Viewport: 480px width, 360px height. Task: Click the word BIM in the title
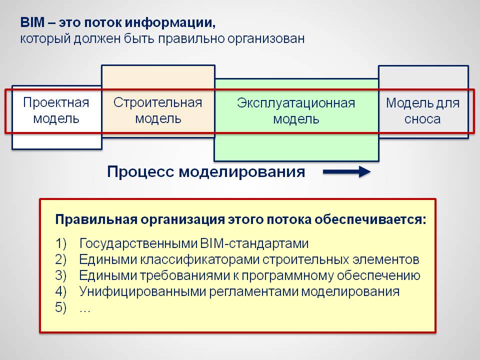(32, 22)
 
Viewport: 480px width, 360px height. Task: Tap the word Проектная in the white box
(56, 102)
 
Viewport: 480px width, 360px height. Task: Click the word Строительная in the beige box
(157, 102)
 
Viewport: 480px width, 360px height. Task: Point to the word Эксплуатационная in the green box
(296, 103)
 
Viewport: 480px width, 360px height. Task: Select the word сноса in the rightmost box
(422, 119)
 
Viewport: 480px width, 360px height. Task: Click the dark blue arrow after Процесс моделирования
(346, 171)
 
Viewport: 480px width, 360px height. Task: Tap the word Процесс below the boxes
(141, 172)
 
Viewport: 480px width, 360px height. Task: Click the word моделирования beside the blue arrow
(242, 172)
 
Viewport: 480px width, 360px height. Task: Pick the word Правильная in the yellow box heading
(96, 220)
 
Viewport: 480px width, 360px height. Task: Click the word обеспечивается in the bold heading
(370, 220)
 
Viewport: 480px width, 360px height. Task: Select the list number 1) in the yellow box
(61, 243)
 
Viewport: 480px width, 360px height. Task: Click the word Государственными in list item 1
(138, 243)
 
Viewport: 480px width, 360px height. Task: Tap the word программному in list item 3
(287, 275)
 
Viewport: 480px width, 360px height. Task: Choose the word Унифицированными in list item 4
(142, 291)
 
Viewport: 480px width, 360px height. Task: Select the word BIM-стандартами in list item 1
(254, 243)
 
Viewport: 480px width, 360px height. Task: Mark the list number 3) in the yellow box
(61, 275)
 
